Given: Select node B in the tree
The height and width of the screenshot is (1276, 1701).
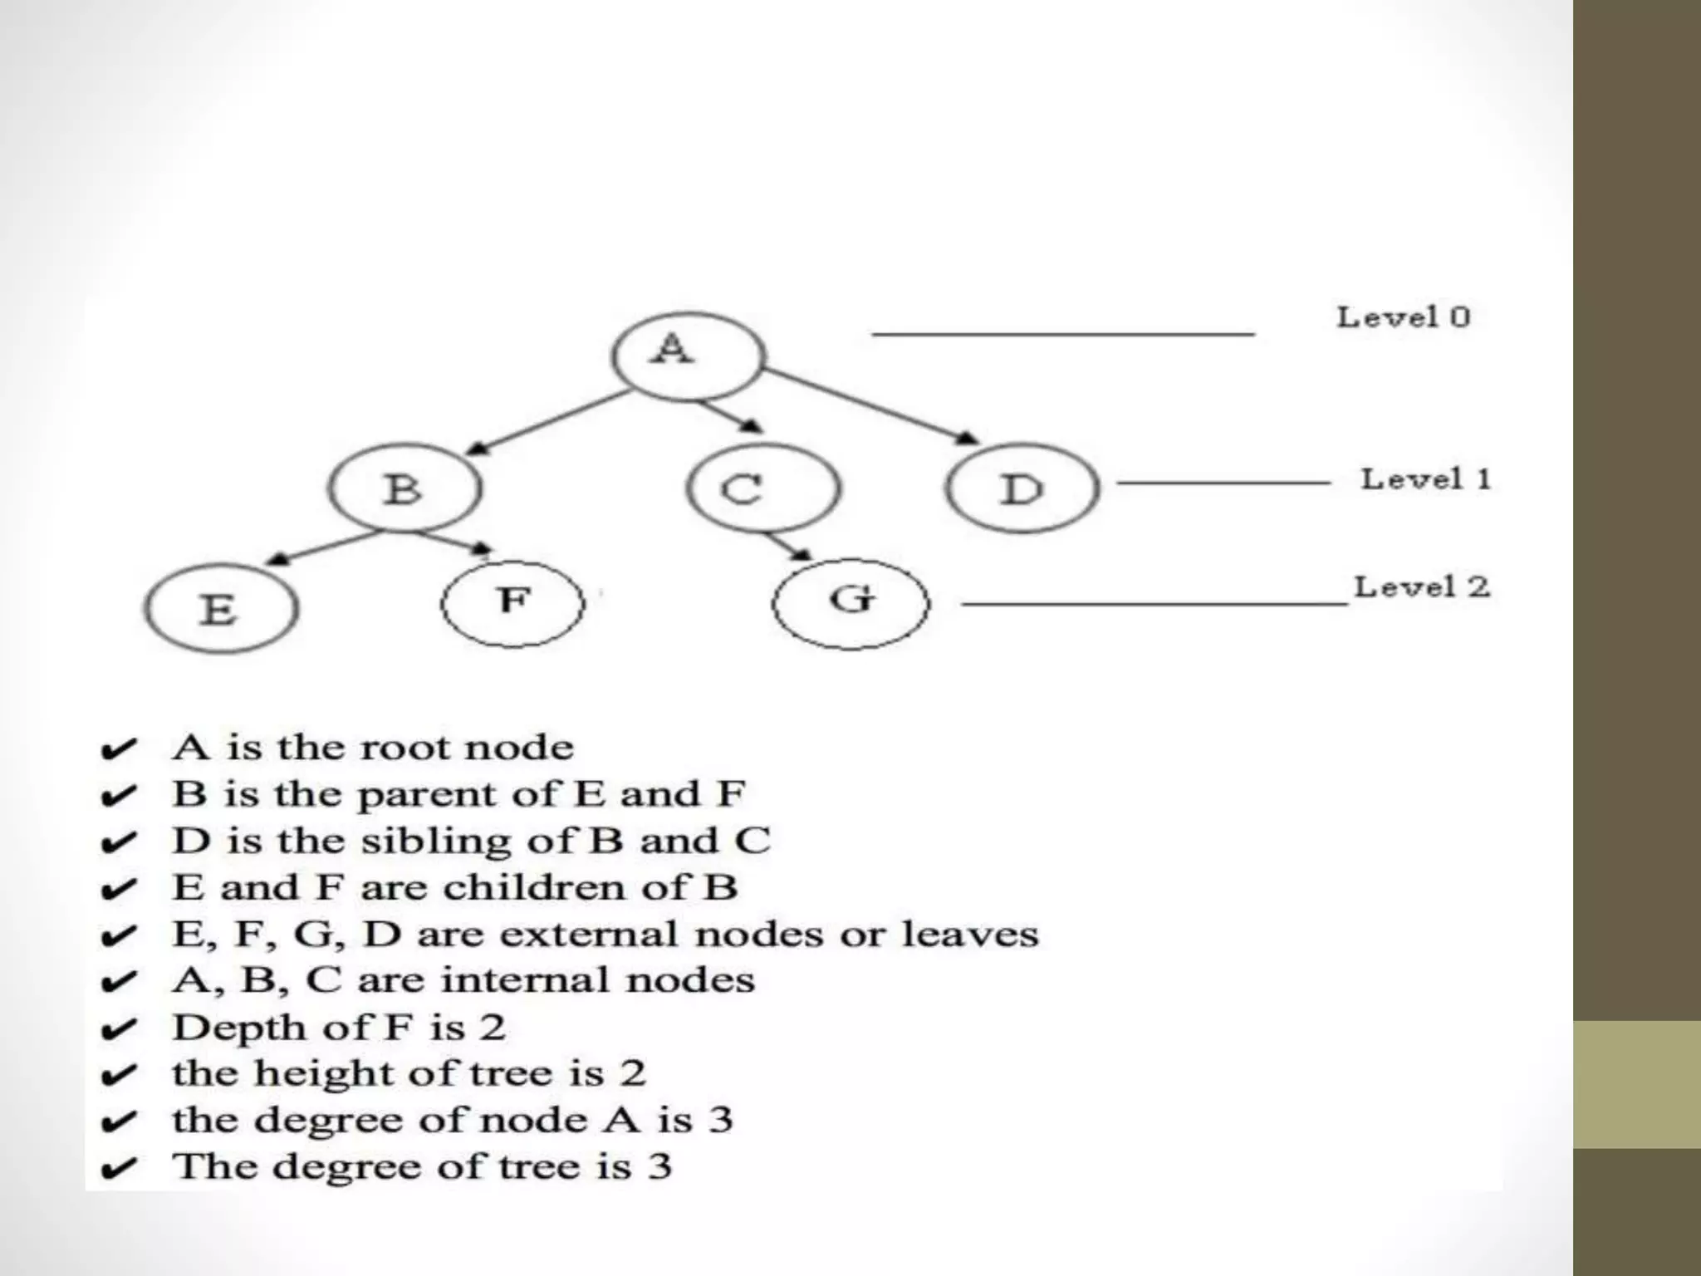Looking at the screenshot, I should [x=404, y=488].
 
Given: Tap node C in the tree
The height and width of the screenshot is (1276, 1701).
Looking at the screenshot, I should [x=763, y=488].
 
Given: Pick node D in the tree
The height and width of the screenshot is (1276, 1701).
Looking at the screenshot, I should [x=1022, y=488].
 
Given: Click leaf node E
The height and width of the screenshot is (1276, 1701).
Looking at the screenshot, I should [x=220, y=609].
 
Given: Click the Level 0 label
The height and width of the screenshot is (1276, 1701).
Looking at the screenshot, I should [x=1403, y=317].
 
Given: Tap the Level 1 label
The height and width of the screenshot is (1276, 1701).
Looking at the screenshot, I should [x=1425, y=479].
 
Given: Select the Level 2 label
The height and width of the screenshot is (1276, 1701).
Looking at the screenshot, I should [x=1422, y=587].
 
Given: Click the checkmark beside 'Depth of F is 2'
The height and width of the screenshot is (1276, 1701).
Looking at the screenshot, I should [x=118, y=1030].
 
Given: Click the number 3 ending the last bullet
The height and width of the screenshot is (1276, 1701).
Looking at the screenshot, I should [x=659, y=1166].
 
